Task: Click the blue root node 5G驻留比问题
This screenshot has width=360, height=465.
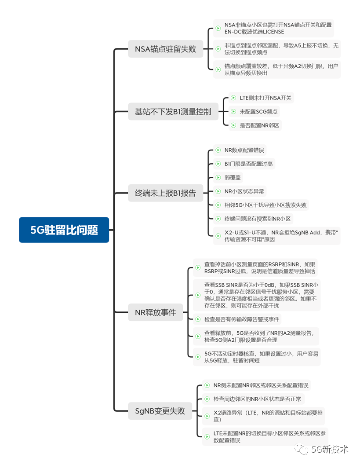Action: pos(64,230)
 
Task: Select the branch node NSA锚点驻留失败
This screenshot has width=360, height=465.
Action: pos(166,49)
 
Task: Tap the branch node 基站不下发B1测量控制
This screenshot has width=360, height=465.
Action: pos(173,111)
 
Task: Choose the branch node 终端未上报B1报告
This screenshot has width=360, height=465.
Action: pos(166,193)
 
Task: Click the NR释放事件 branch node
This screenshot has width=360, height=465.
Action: pos(156,312)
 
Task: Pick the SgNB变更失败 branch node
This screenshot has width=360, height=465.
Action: pos(160,411)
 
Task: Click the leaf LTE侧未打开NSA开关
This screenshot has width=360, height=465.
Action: pos(261,98)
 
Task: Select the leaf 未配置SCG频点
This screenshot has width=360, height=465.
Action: pos(254,111)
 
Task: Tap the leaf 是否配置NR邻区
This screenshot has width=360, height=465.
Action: pos(255,125)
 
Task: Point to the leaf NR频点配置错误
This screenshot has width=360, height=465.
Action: pos(240,150)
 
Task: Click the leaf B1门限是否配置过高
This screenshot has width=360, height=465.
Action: pos(244,164)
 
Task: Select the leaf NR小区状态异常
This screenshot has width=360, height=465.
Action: pos(240,191)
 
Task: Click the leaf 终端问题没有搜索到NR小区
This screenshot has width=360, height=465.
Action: pos(253,219)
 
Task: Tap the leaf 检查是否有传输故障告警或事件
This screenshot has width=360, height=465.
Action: pos(237,319)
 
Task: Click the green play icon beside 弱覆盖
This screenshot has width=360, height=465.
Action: pos(218,177)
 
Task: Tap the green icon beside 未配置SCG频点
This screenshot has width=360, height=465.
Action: pos(233,111)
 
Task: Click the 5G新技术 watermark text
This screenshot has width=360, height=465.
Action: pos(330,449)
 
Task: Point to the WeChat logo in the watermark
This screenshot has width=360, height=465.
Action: pos(302,449)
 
